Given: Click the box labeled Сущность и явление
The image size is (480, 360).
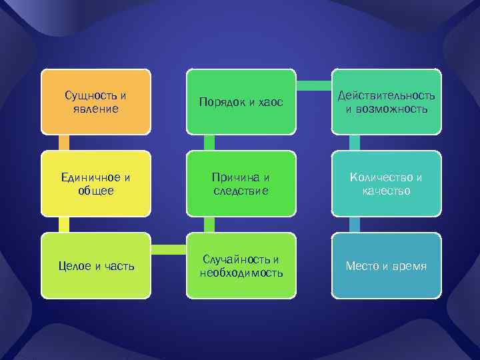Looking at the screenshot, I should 95,101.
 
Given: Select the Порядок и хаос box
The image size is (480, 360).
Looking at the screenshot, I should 241,101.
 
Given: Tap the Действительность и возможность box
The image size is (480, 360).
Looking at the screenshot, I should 386,101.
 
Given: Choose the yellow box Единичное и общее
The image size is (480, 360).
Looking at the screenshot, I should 95,183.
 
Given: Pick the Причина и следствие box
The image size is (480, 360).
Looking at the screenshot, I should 241,183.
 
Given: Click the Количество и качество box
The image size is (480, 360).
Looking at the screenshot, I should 386,183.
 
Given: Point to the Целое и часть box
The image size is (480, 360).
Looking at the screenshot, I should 95,265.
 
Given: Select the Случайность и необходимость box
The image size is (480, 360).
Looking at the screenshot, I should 241,265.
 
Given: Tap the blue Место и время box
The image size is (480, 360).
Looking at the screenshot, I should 386,265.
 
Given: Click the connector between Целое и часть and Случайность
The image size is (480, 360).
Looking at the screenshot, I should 168,250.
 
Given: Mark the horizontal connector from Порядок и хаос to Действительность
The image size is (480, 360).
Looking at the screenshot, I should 313,85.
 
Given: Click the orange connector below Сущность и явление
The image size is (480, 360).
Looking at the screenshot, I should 64,142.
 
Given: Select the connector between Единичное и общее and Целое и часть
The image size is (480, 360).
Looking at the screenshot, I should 64,224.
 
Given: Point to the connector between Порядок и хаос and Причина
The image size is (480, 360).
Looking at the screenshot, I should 209,142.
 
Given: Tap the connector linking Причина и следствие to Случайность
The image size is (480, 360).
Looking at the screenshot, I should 209,224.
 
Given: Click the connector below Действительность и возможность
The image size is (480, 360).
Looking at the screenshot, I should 355,142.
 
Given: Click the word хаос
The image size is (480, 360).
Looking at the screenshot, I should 270,102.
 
